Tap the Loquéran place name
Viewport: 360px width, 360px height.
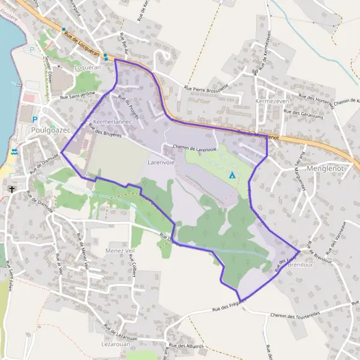tap(83, 68)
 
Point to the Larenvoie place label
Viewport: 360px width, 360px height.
tap(161, 162)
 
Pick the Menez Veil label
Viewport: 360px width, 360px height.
tap(119, 251)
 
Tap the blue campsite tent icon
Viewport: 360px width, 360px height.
tap(232, 175)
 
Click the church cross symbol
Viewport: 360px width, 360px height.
tap(11, 190)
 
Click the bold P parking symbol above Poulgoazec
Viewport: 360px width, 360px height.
tap(35, 119)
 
